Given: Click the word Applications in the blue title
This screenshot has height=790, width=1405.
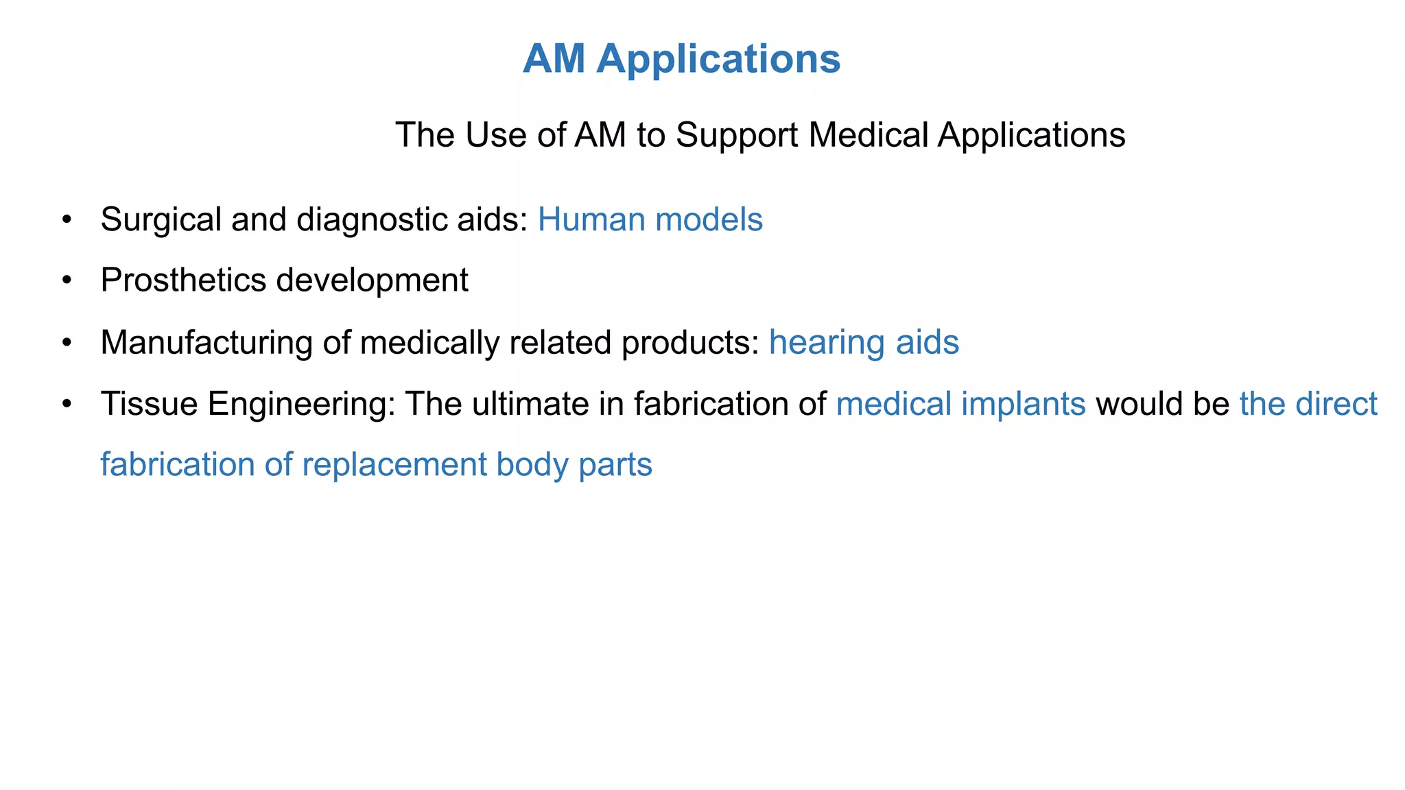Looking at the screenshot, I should click(718, 59).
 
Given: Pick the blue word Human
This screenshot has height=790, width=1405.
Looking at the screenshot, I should click(591, 220).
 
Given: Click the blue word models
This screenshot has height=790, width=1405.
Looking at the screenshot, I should click(709, 220).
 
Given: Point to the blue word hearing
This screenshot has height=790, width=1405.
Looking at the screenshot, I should click(827, 342).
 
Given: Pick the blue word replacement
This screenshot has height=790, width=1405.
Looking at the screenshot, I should click(394, 465).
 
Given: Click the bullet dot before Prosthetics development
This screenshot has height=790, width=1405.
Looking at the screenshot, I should click(67, 280).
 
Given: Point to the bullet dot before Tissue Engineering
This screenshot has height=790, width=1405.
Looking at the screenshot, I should click(67, 403).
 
